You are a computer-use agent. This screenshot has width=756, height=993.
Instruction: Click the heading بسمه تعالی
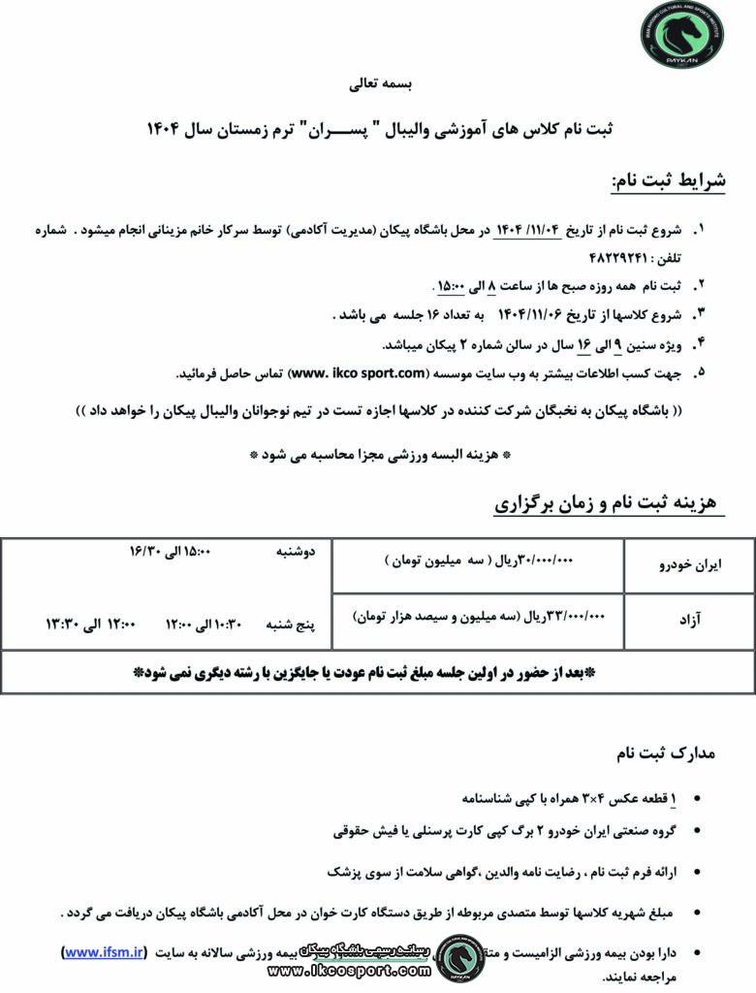click(379, 84)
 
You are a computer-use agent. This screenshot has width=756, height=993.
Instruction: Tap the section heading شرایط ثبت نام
click(668, 182)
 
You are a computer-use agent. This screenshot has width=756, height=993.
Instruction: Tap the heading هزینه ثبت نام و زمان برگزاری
click(605, 502)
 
